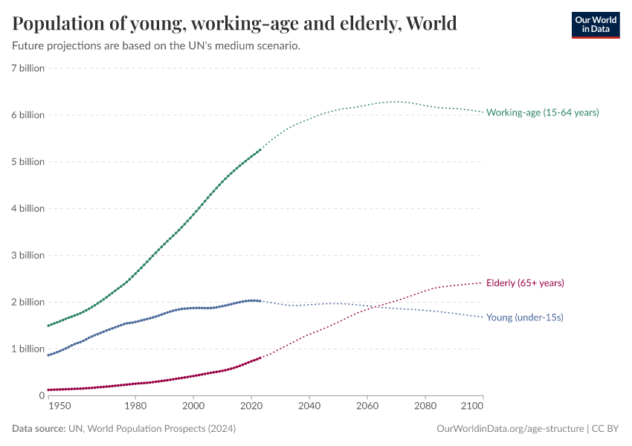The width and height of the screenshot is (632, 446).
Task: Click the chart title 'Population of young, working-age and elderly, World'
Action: (234, 24)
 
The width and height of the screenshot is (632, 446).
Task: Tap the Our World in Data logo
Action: (595, 25)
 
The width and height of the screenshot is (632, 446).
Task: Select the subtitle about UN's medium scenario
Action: (156, 46)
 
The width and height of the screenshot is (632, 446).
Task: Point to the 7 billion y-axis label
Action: (28, 68)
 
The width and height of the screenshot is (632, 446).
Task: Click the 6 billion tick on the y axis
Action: (28, 115)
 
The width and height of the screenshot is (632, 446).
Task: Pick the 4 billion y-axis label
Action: (28, 208)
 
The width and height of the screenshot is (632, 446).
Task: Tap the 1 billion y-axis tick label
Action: (28, 349)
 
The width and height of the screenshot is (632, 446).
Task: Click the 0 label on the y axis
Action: (42, 395)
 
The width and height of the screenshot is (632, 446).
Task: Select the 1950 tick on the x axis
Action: (59, 407)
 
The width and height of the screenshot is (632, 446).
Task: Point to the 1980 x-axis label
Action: (135, 407)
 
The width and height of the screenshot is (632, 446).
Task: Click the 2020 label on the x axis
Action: (251, 407)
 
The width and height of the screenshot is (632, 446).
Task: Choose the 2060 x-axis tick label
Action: (367, 407)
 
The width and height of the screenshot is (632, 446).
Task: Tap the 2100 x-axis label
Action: (472, 407)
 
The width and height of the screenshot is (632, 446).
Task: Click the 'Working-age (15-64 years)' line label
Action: (542, 112)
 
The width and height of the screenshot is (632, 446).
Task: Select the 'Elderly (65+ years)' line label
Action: (525, 283)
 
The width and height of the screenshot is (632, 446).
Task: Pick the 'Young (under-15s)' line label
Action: (524, 317)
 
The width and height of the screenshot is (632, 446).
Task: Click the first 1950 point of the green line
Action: (48, 326)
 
